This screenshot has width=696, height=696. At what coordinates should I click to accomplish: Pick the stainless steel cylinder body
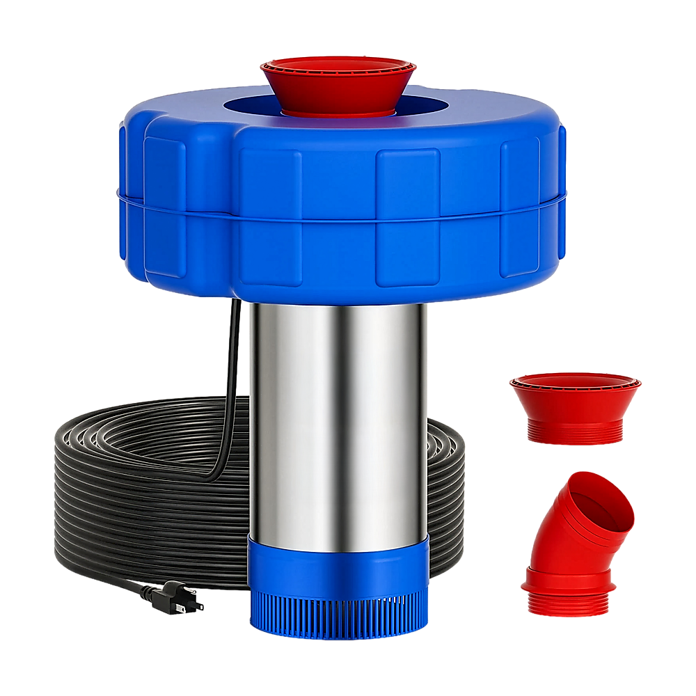tap(338, 418)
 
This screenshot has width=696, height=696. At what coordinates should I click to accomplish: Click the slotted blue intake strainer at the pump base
tap(338, 612)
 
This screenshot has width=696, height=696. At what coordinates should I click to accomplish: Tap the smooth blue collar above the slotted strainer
tap(338, 560)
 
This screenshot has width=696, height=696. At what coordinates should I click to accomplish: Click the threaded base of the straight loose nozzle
tap(574, 435)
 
